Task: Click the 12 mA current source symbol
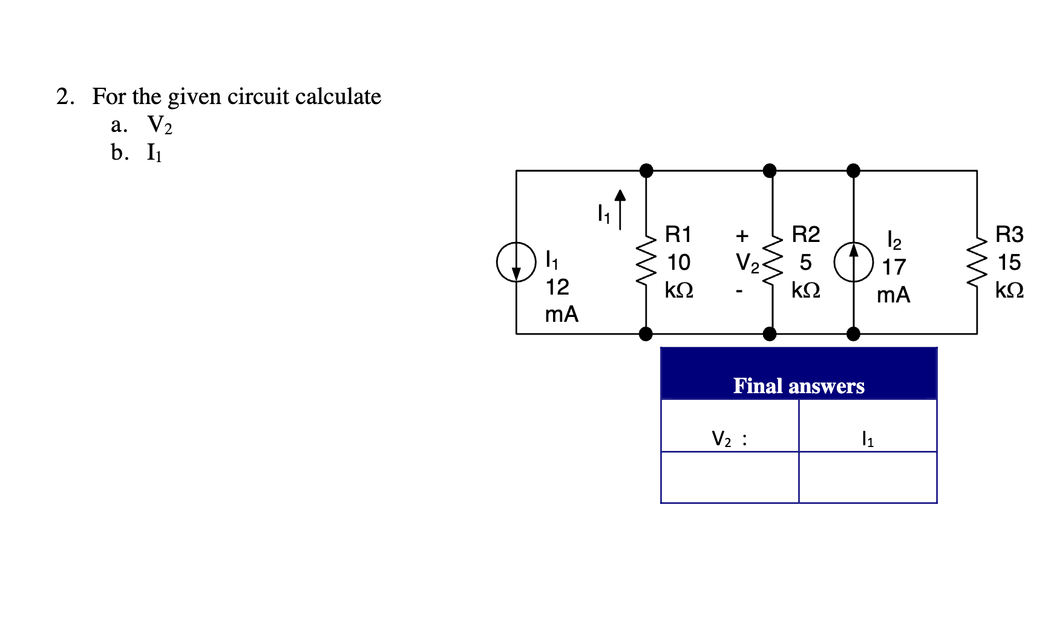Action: [516, 263]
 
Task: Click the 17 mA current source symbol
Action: [853, 263]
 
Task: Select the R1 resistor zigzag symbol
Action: [646, 263]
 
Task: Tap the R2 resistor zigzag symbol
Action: [772, 263]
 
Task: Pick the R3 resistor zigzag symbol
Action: [977, 263]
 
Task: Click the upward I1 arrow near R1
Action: [620, 209]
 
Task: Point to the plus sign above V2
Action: [742, 235]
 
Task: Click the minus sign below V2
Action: [739, 292]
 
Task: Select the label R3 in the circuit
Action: [1009, 234]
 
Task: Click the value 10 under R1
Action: [678, 263]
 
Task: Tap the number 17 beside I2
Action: [893, 267]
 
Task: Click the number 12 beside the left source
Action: [557, 287]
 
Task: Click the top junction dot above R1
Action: [646, 171]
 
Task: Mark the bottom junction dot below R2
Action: [770, 334]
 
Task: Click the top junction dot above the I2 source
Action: [853, 171]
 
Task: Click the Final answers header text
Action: [799, 386]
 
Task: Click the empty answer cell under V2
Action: [730, 477]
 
